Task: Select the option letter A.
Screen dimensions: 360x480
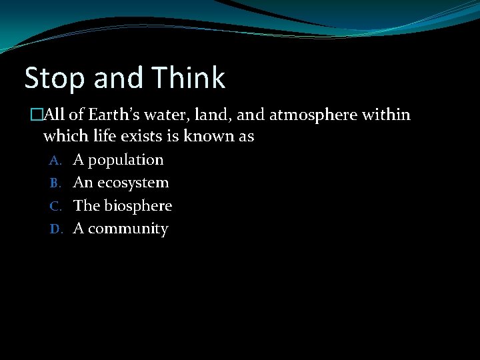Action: click(55, 161)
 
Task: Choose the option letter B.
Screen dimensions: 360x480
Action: click(55, 183)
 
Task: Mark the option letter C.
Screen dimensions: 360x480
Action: click(55, 207)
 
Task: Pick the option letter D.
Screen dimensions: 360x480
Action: click(55, 229)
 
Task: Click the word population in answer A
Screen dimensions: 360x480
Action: click(125, 160)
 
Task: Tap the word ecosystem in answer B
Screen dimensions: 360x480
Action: click(133, 183)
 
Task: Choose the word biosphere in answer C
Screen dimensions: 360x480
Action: click(137, 206)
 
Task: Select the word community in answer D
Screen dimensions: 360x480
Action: click(128, 229)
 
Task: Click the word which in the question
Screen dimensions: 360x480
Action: click(65, 137)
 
